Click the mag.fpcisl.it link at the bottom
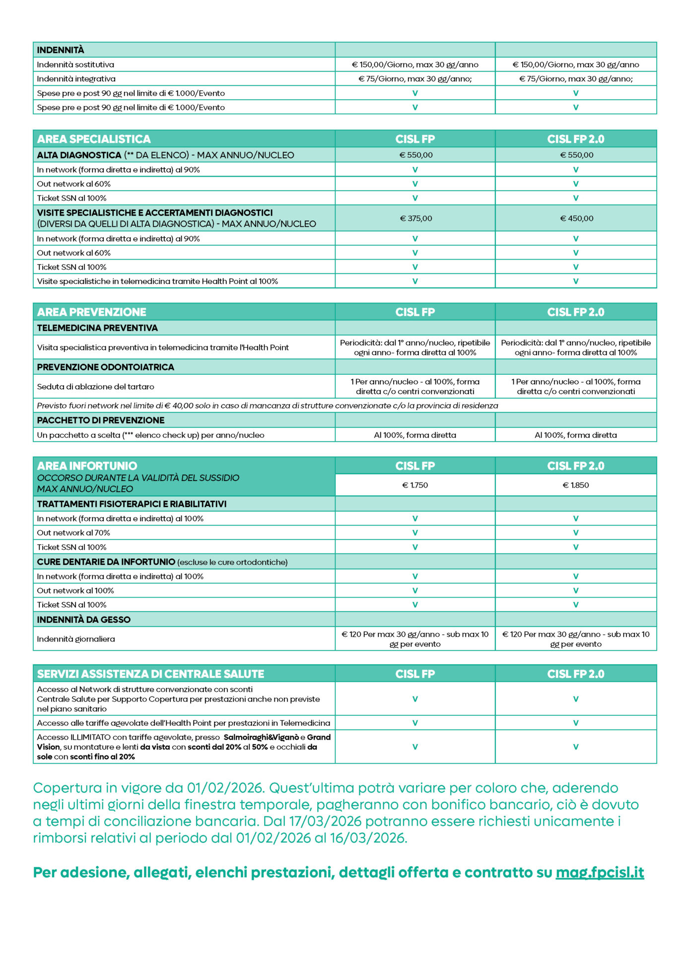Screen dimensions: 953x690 (x=600, y=872)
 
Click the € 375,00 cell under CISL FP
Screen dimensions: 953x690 (x=415, y=218)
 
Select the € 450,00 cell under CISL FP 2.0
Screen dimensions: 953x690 (x=576, y=218)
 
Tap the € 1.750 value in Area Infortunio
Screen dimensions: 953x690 (x=415, y=485)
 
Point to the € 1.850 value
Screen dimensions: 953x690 (x=576, y=485)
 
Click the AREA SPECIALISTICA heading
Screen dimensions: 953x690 (x=94, y=139)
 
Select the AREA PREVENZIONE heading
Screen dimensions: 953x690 (x=92, y=312)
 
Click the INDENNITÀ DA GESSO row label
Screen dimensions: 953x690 (x=84, y=619)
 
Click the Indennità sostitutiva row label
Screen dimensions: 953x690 (x=75, y=65)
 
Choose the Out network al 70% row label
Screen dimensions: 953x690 (x=73, y=533)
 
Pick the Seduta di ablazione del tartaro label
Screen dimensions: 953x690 (x=95, y=386)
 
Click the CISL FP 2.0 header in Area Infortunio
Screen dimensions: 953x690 (x=576, y=466)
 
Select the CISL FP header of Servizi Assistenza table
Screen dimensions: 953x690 (x=415, y=674)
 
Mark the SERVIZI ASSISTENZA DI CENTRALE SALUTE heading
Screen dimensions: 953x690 (x=150, y=674)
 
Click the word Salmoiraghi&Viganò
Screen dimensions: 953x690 (x=261, y=737)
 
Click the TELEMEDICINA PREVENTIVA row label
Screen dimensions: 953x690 (x=97, y=328)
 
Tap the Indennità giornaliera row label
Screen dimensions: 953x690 (x=76, y=639)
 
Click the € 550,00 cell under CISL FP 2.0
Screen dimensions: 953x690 (x=576, y=155)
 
